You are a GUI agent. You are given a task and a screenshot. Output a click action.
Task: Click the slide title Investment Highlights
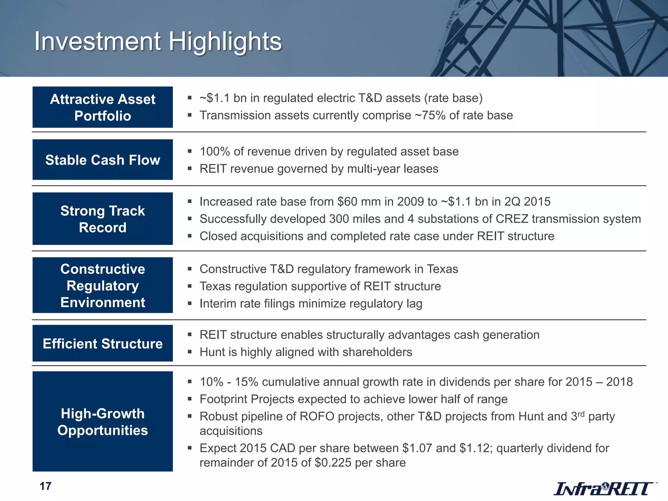[x=158, y=42]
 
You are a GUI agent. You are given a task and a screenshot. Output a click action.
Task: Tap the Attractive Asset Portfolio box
[x=103, y=107]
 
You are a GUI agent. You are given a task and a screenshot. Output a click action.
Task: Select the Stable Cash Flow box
[x=103, y=160]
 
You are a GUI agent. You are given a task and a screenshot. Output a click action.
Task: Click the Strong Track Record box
[x=103, y=219]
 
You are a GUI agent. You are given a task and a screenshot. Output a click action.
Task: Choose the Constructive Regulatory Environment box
[x=103, y=285]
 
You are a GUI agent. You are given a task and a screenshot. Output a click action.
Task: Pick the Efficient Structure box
[x=103, y=343]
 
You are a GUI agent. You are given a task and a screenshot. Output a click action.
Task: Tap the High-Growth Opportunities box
[x=103, y=421]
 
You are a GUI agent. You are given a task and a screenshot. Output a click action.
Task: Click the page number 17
[x=45, y=486]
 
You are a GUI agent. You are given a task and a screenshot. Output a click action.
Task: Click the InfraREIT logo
[x=603, y=488]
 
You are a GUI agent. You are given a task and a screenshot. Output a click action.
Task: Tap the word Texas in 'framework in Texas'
[x=443, y=269]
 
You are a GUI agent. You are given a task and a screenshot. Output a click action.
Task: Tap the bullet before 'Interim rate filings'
[x=190, y=303]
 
